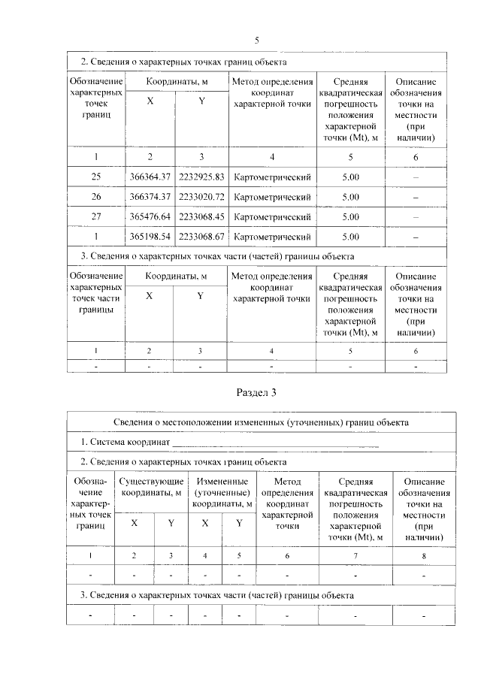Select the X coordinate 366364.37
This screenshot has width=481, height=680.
click(x=150, y=177)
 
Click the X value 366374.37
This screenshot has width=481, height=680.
click(x=150, y=197)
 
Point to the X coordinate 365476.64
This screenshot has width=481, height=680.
click(x=150, y=217)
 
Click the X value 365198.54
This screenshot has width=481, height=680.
click(x=150, y=237)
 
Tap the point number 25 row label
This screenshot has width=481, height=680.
click(x=95, y=177)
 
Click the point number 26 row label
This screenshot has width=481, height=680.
click(x=95, y=197)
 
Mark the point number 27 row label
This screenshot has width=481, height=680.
click(x=95, y=217)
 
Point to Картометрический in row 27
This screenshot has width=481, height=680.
click(x=272, y=217)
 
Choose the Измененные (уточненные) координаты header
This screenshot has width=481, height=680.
click(x=222, y=493)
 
